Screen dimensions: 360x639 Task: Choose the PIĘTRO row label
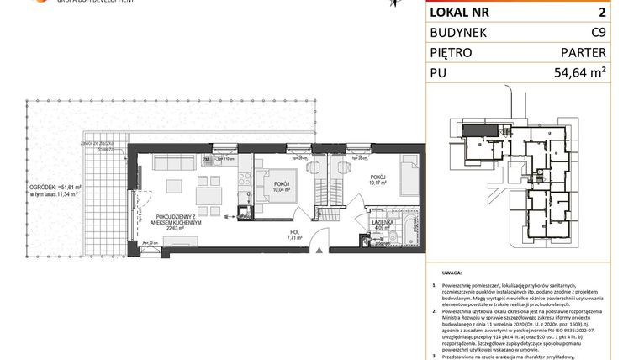pos(452,53)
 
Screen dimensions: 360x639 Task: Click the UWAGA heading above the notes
pos(451,273)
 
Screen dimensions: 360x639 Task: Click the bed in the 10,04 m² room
pos(277,178)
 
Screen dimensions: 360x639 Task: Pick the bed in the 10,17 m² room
pos(409,179)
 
